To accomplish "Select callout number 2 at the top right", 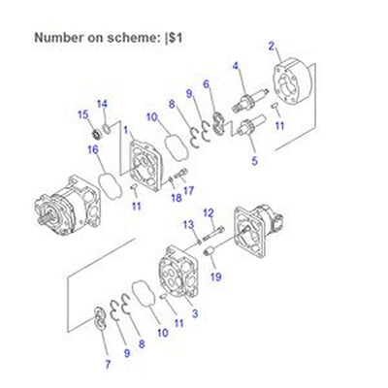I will pyautogui.click(x=272, y=45).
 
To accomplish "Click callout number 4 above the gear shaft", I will pyautogui.click(x=235, y=66).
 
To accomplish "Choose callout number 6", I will pyautogui.click(x=206, y=83).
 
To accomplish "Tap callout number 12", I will pyautogui.click(x=208, y=212).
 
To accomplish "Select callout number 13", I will pyautogui.click(x=188, y=225).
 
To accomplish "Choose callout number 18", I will pyautogui.click(x=176, y=198).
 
